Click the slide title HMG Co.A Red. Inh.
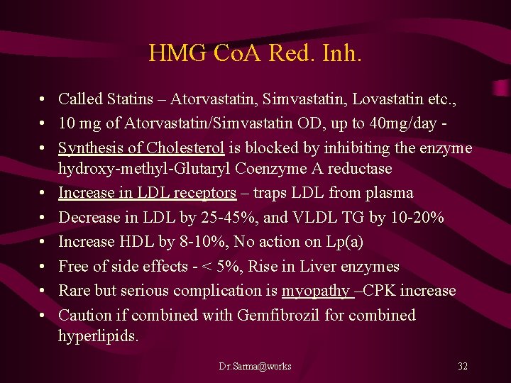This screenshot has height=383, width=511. point(255,53)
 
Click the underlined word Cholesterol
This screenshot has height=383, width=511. point(185,148)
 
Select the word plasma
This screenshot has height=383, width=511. point(389,193)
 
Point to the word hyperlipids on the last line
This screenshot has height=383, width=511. point(98,335)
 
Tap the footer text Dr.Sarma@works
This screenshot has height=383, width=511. point(255,367)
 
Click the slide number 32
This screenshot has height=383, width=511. point(463,367)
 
